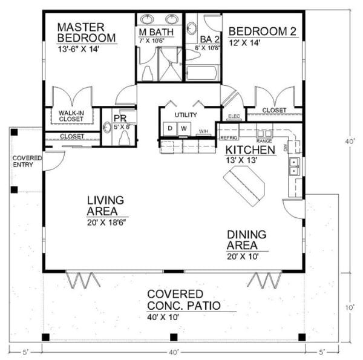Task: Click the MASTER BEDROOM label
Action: pyautogui.click(x=86, y=33)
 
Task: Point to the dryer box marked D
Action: pyautogui.click(x=170, y=129)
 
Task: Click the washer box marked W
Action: pyautogui.click(x=183, y=129)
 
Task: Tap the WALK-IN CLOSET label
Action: pyautogui.click(x=71, y=116)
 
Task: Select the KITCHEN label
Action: pyautogui.click(x=251, y=149)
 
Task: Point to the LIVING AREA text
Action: pyautogui.click(x=105, y=205)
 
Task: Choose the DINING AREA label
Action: pyautogui.click(x=247, y=240)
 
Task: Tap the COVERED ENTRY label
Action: pyautogui.click(x=27, y=162)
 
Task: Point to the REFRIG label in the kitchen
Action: pyautogui.click(x=226, y=138)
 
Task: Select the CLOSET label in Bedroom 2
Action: pyautogui.click(x=275, y=111)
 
